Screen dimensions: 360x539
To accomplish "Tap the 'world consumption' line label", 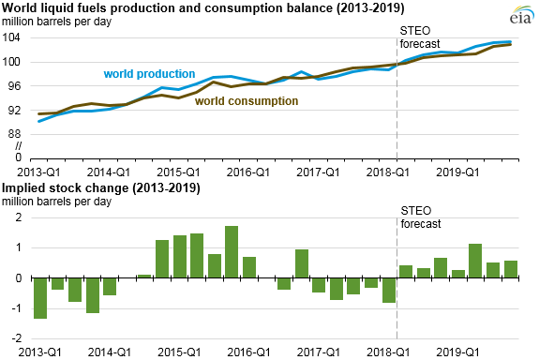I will (x=242, y=101).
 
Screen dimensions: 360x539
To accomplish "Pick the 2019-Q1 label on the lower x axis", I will (x=459, y=354).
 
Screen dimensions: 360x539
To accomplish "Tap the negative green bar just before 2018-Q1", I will (x=388, y=291).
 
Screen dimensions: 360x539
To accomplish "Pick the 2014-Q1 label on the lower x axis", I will (x=110, y=354).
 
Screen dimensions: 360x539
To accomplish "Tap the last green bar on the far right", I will (x=511, y=269).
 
